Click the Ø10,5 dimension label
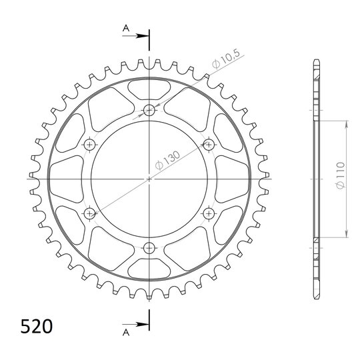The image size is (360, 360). tap(226, 59)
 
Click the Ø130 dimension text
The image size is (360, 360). tap(167, 160)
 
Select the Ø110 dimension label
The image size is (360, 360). tap(340, 175)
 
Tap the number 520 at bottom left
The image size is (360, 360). tap(37, 326)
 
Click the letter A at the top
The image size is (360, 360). tap(126, 29)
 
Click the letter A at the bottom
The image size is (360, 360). tap(126, 332)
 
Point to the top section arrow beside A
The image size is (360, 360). tap(135, 36)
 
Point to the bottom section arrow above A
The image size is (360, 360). tap(135, 325)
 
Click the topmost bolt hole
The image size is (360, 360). tap(149, 111)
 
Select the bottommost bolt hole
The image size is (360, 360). tap(149, 248)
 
